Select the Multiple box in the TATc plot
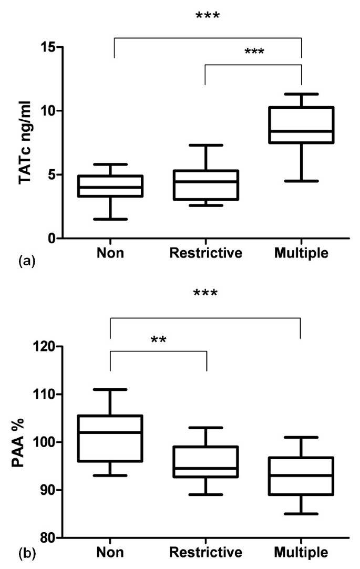pyautogui.click(x=301, y=125)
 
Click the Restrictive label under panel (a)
pyautogui.click(x=205, y=254)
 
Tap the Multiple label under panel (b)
pyautogui.click(x=301, y=553)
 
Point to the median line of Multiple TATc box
pyautogui.click(x=301, y=131)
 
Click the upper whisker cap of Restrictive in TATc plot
pyautogui.click(x=205, y=145)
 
